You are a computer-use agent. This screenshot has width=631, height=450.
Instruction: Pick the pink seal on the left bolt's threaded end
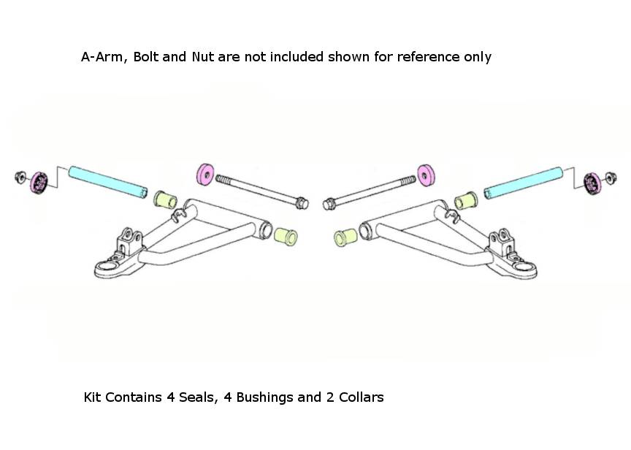tap(207, 175)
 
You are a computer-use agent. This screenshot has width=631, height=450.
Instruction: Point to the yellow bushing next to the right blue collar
tap(466, 198)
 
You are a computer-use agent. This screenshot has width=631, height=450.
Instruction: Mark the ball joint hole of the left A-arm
tap(107, 268)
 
